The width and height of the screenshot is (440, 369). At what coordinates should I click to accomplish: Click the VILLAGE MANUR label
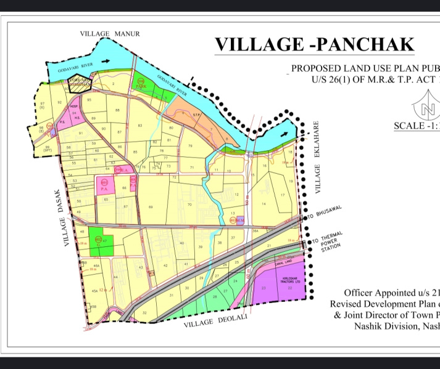110,33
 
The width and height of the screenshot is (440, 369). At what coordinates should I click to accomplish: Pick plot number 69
151,208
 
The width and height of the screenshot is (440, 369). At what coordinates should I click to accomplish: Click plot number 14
264,203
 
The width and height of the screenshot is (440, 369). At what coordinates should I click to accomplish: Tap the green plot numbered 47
98,241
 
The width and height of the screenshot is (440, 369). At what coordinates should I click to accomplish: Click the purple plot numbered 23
264,288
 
